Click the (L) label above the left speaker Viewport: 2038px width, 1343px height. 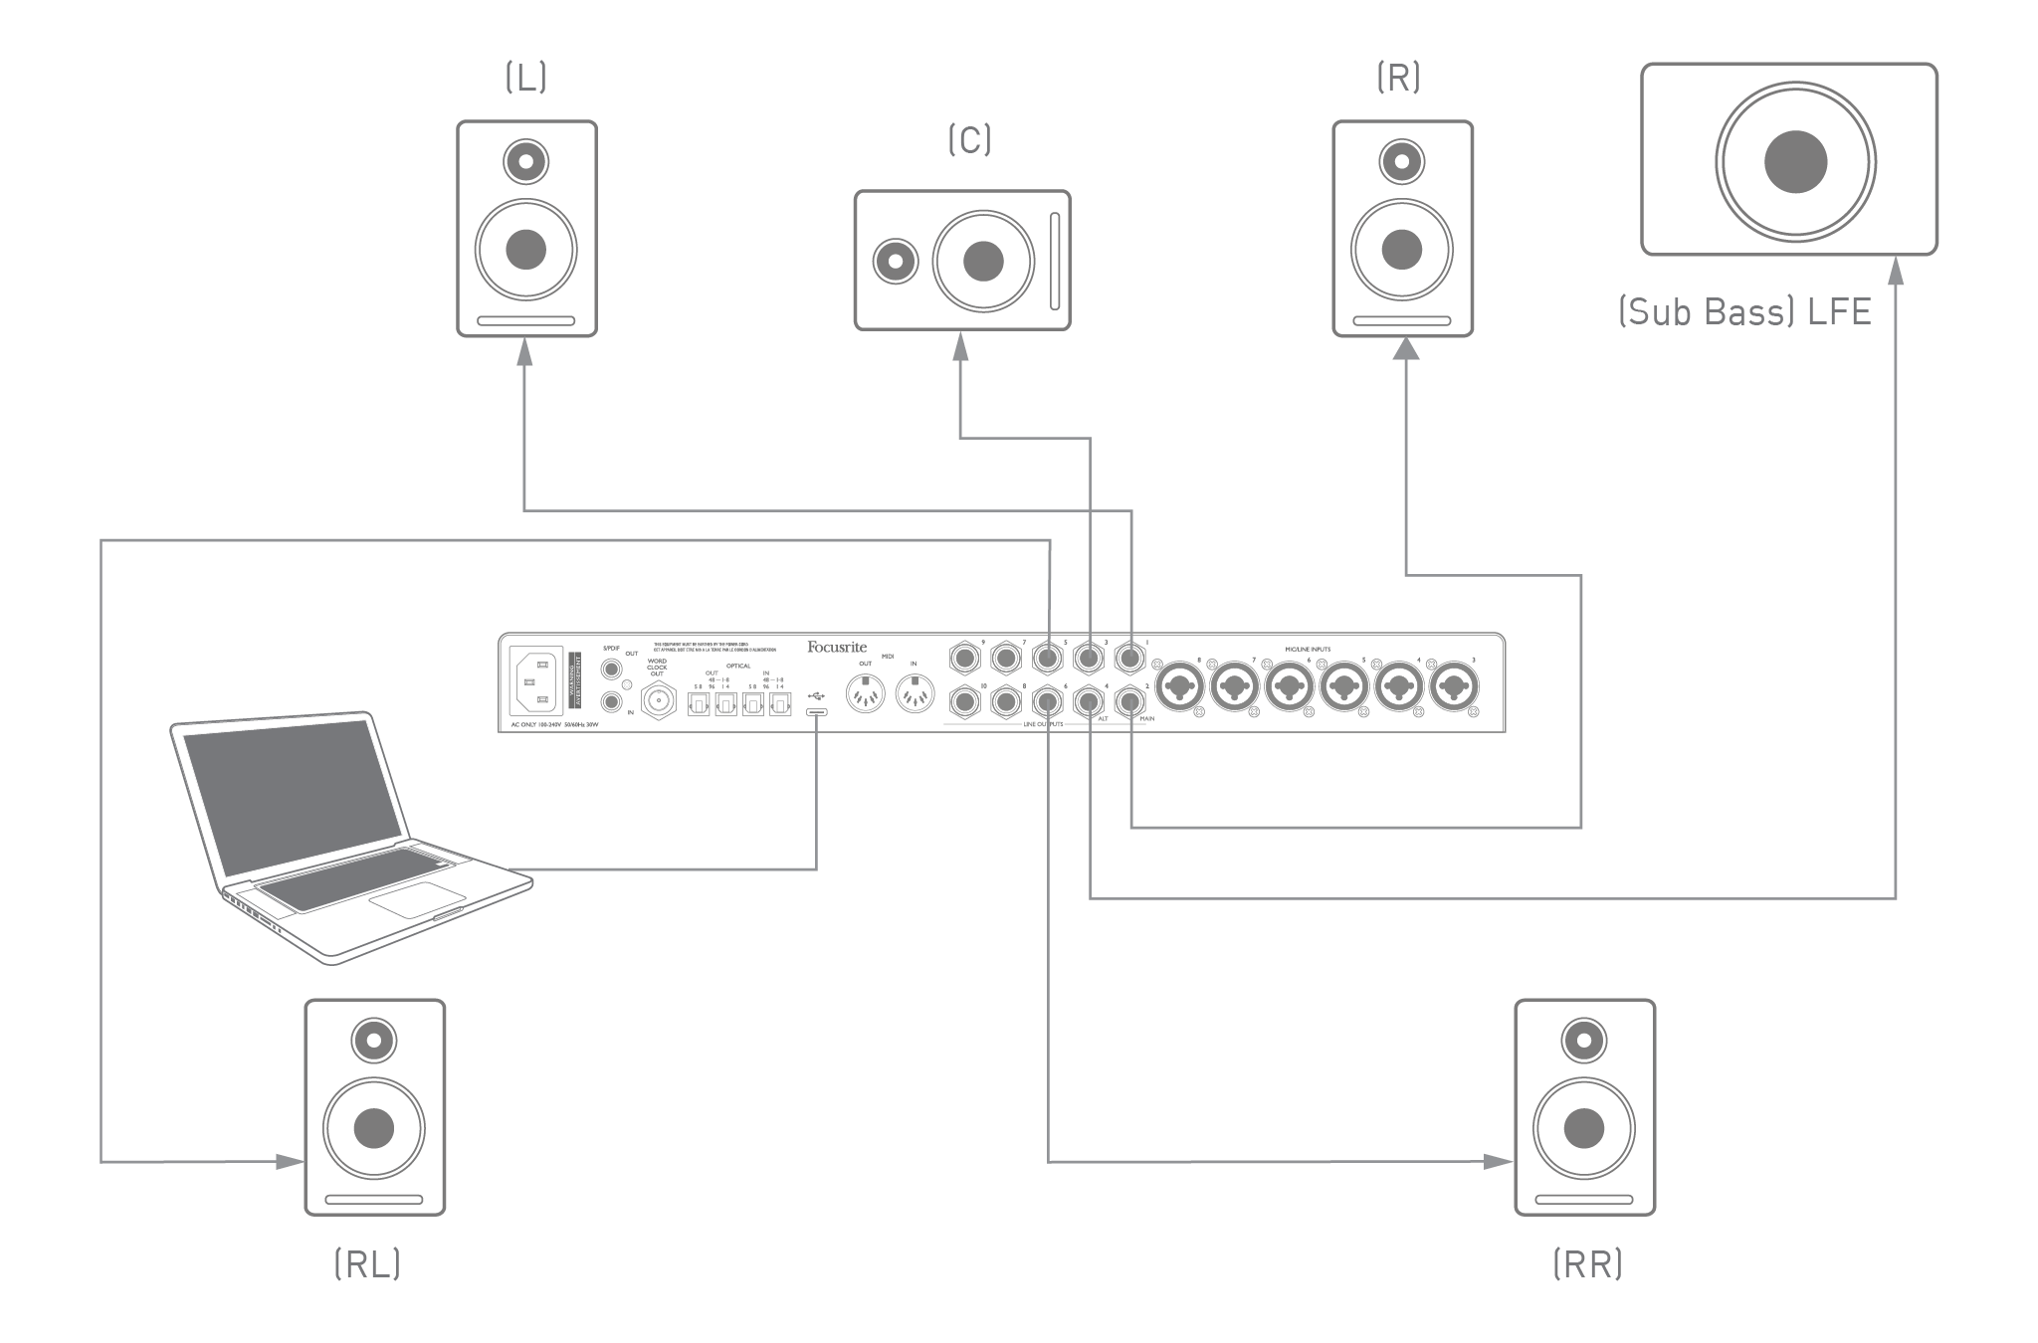click(525, 79)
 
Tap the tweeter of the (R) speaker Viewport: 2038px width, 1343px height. click(1401, 160)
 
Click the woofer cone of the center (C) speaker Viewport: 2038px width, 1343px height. click(983, 261)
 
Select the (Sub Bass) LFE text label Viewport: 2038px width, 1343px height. click(1744, 312)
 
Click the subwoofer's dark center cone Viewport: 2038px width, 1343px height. click(1795, 161)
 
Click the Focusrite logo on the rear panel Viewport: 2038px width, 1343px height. click(837, 648)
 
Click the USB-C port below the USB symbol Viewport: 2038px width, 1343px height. click(816, 712)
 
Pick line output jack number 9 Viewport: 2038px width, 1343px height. click(965, 658)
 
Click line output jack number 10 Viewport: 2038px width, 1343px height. click(965, 703)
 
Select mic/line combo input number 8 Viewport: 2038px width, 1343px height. click(1180, 686)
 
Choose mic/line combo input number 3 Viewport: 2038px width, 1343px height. click(1454, 686)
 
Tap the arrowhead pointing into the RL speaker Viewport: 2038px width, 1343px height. click(291, 1161)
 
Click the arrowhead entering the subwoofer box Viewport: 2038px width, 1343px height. click(1895, 269)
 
